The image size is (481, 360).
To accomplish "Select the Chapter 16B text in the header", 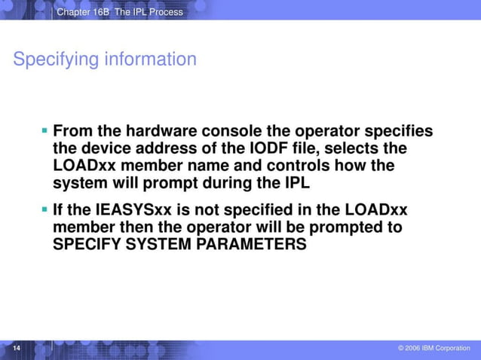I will coord(84,11).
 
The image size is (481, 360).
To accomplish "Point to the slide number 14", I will coord(15,348).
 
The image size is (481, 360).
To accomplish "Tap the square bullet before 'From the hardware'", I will coord(45,131).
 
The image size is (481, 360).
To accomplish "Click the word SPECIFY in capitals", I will coord(84,244).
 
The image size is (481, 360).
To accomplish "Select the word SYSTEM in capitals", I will coord(157,244).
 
